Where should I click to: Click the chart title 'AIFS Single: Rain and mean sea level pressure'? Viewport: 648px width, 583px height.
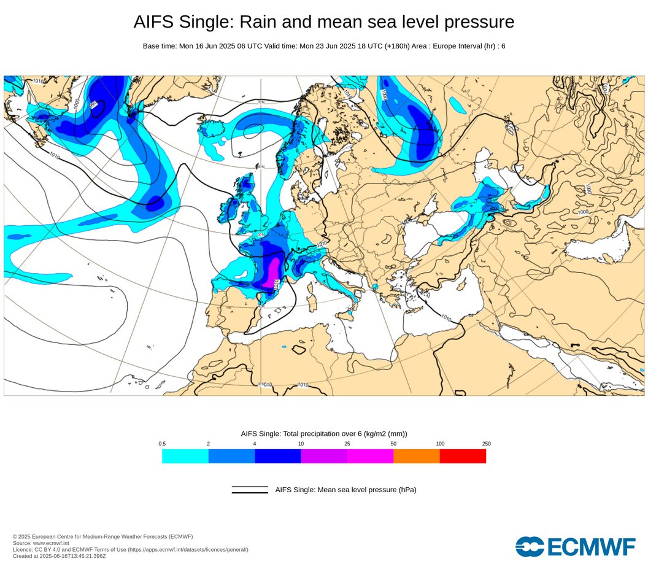[323, 22]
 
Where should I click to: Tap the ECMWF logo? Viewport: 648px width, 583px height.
[575, 546]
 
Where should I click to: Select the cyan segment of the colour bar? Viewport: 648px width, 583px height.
[185, 456]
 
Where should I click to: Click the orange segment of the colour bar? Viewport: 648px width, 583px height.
[416, 456]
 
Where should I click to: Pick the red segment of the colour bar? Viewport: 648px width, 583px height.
[463, 456]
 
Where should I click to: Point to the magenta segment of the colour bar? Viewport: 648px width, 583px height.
[370, 456]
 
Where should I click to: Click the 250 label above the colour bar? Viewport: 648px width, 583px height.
[486, 444]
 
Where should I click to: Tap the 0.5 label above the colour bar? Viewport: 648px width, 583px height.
[162, 444]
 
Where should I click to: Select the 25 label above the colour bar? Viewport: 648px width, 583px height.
[347, 444]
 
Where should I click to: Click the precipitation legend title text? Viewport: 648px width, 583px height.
[323, 434]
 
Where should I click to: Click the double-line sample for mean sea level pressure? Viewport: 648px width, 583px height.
[250, 490]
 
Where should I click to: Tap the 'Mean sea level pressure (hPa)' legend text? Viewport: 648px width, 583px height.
[345, 490]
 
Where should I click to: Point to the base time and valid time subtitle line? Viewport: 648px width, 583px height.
[323, 46]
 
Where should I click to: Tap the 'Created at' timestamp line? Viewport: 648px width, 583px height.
[59, 555]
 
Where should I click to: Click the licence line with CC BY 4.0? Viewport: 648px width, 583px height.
[130, 549]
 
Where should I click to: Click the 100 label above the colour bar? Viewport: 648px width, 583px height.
[440, 444]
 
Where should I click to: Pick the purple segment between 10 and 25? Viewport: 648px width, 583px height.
[324, 456]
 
